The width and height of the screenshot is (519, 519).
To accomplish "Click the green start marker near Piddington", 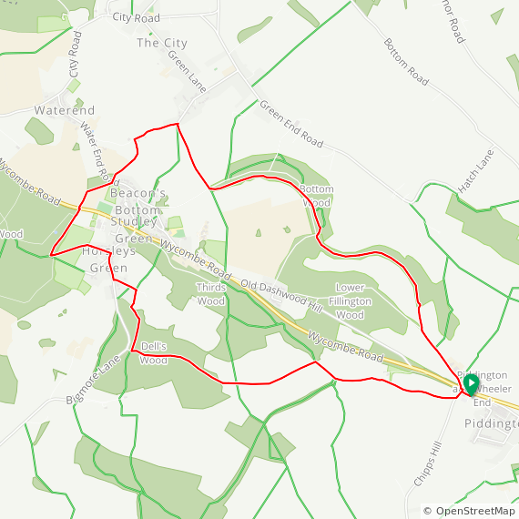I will [x=470, y=385].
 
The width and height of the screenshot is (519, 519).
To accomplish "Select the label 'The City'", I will [x=161, y=43].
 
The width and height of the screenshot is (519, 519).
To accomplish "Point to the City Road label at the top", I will [x=136, y=17].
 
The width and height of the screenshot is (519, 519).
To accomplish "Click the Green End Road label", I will [x=291, y=124].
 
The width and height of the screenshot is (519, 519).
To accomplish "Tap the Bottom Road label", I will [x=405, y=62].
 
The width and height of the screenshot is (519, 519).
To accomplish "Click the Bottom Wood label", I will [x=317, y=196].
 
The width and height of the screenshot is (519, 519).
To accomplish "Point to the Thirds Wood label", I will [x=211, y=294].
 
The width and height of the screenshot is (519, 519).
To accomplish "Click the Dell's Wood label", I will [x=153, y=353].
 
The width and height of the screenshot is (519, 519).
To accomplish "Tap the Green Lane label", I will [x=188, y=70].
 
